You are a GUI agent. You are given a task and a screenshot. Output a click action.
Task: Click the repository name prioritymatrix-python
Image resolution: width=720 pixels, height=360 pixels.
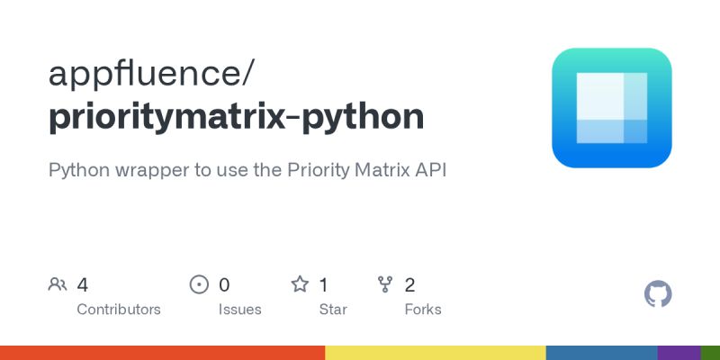(x=236, y=117)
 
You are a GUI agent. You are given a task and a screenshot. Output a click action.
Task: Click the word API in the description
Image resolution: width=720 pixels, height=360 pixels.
(x=430, y=169)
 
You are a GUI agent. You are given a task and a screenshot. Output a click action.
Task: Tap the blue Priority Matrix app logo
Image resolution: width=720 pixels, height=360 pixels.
(x=612, y=108)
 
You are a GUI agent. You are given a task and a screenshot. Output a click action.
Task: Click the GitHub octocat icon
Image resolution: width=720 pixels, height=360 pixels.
(x=659, y=294)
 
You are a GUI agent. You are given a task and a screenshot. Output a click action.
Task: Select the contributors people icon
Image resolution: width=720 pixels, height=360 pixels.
(x=58, y=284)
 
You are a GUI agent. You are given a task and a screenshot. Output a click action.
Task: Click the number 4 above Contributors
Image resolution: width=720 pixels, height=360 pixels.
(x=83, y=285)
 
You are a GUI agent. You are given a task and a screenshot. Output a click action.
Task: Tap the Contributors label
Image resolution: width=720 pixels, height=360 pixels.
(x=119, y=310)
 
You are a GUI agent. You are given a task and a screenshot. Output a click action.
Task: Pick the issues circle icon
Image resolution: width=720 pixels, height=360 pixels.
(x=199, y=284)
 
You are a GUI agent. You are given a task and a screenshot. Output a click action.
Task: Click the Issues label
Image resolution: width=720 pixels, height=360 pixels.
(x=240, y=310)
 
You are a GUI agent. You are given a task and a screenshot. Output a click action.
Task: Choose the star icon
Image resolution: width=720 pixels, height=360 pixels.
(x=300, y=284)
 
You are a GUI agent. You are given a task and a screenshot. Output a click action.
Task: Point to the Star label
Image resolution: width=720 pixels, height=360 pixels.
(x=334, y=310)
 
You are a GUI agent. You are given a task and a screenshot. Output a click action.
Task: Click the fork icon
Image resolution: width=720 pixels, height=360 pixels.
(x=384, y=284)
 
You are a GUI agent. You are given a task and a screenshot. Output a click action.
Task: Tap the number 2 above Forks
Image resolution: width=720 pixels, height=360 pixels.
(x=410, y=285)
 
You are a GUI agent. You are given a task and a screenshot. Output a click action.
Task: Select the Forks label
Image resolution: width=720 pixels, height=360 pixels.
(x=423, y=310)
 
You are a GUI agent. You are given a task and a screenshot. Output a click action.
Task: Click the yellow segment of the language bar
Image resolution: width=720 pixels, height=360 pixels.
(x=435, y=352)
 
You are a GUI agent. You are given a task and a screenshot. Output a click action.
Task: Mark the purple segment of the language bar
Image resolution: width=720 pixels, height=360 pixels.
(x=679, y=352)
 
